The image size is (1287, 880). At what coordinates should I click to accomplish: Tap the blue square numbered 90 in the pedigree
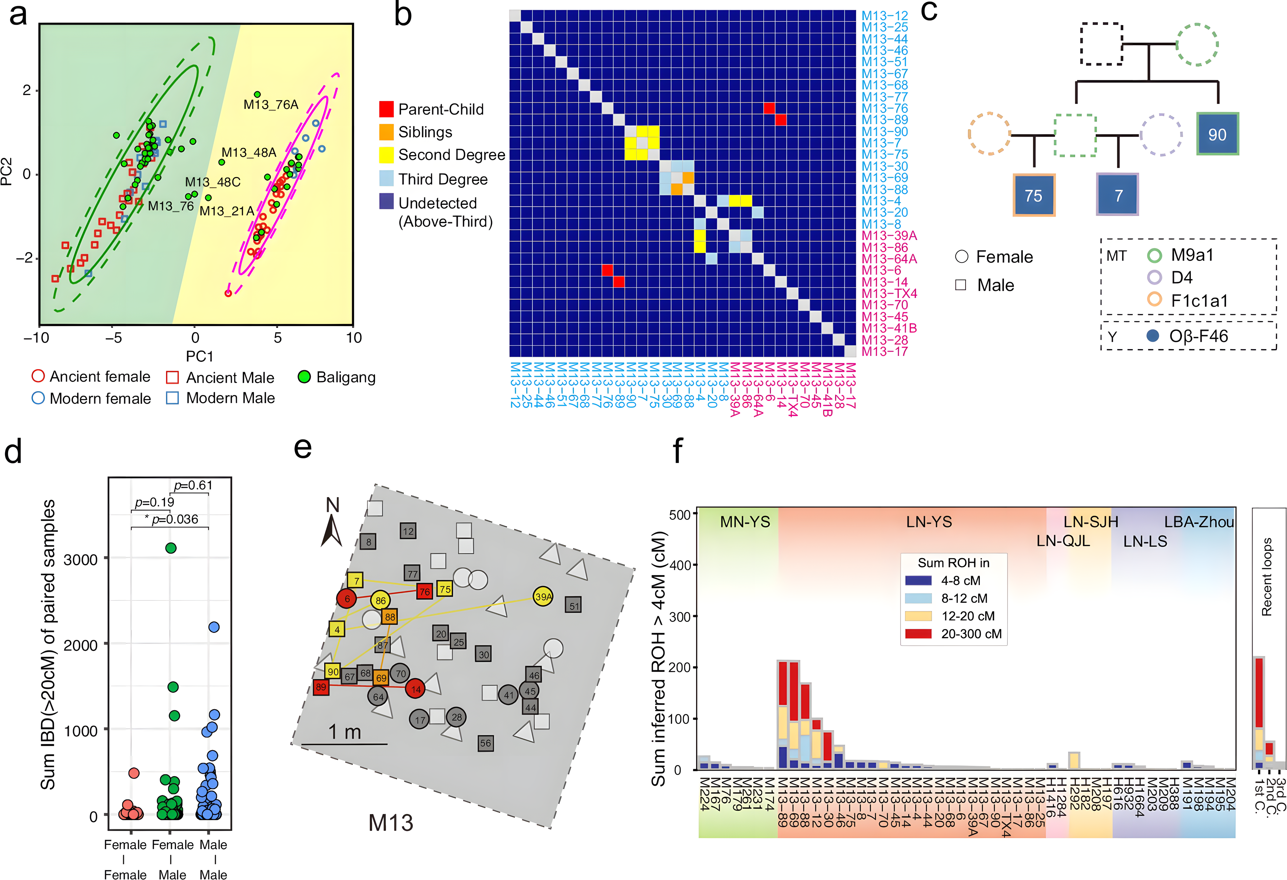tap(1217, 134)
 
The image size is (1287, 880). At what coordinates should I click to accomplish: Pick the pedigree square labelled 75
tap(1033, 195)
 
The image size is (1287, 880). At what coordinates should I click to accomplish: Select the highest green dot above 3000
tap(171, 548)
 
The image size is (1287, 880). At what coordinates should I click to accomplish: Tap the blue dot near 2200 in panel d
tap(214, 627)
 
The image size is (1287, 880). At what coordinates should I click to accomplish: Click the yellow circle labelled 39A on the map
tap(543, 596)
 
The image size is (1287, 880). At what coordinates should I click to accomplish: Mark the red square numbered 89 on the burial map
tap(321, 687)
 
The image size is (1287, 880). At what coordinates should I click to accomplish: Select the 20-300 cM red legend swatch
tap(918, 634)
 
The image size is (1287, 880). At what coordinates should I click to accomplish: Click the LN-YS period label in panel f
tap(929, 522)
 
